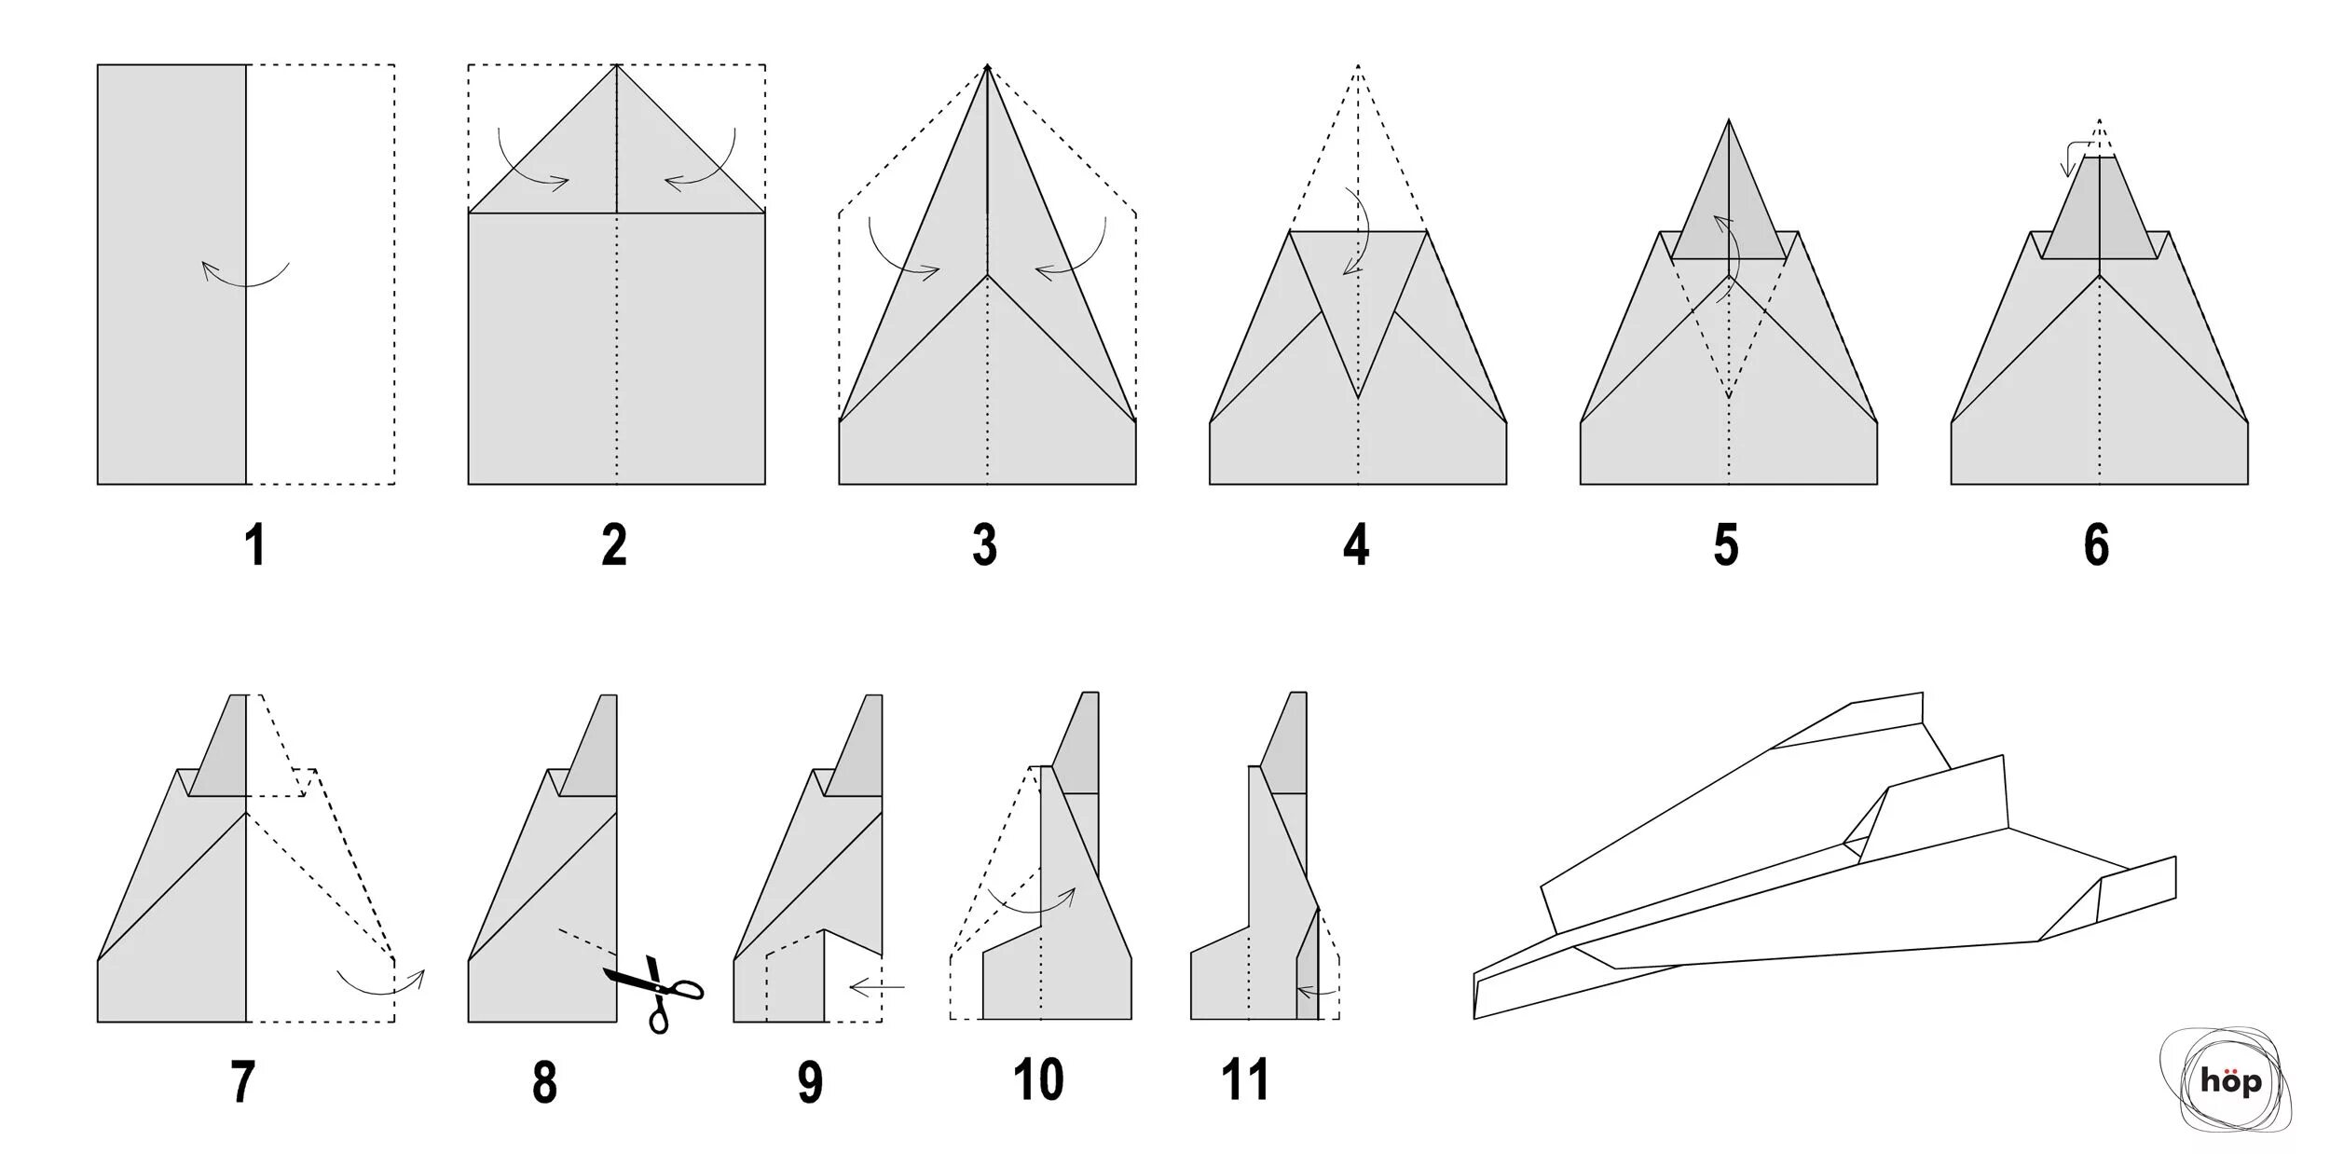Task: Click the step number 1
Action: click(254, 545)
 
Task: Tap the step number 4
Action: click(1356, 545)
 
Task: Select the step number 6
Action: click(2096, 545)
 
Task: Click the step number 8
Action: click(544, 1082)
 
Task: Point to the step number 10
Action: click(1038, 1080)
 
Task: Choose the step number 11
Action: click(1245, 1080)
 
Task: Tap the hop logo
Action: click(2230, 1081)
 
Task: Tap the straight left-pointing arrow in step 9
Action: click(876, 986)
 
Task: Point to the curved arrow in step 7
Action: click(380, 982)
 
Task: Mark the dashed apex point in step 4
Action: click(1358, 65)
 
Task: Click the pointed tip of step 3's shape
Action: click(987, 66)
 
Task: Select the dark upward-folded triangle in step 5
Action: click(1729, 205)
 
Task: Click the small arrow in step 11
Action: click(1315, 990)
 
